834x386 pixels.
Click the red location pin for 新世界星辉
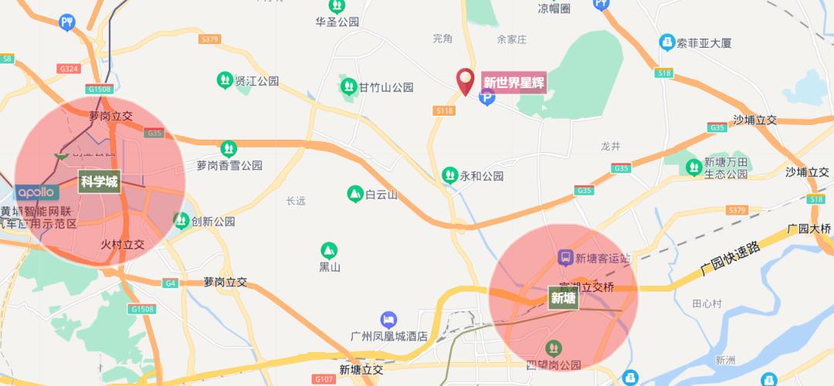[465, 80]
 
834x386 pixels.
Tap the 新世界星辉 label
[514, 82]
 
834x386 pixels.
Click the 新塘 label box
[563, 297]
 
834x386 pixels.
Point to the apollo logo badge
[36, 191]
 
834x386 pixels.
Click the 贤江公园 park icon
[224, 80]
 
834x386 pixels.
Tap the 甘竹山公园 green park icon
[348, 86]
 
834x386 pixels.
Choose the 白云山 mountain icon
[354, 195]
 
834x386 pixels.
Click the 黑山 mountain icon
[330, 250]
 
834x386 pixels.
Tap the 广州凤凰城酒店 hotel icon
[388, 320]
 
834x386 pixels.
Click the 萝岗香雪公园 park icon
[228, 147]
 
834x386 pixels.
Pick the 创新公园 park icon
[181, 222]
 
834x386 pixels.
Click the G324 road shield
[69, 69]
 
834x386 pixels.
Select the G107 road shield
[324, 379]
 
